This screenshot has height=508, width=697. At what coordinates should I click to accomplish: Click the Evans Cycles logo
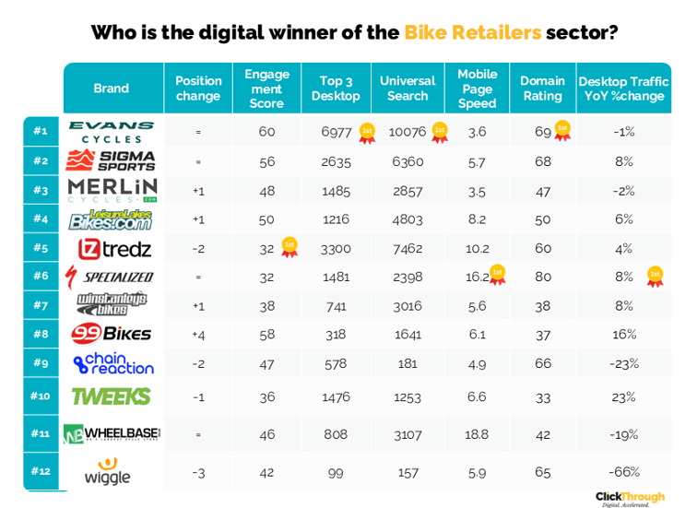click(x=112, y=132)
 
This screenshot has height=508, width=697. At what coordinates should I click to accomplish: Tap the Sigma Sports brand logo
click(x=112, y=160)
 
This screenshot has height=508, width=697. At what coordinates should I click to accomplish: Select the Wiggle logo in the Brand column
click(x=108, y=472)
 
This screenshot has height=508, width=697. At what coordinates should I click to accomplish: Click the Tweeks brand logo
click(x=112, y=396)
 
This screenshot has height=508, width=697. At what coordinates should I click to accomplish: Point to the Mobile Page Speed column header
click(x=477, y=89)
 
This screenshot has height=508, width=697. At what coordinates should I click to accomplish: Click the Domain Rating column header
click(x=541, y=89)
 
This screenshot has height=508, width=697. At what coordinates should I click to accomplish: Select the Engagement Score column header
click(x=266, y=89)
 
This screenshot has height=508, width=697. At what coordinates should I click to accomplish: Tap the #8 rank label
click(x=40, y=334)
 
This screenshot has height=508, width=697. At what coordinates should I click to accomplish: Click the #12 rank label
click(x=40, y=471)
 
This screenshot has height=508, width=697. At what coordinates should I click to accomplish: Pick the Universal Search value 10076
click(x=408, y=132)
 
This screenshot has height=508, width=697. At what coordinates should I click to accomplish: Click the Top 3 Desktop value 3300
click(x=336, y=248)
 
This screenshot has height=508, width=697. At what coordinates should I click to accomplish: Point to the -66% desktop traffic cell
click(x=624, y=471)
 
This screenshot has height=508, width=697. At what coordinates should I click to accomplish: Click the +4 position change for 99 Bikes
click(x=198, y=334)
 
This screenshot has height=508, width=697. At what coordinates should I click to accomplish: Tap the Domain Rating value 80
click(x=542, y=276)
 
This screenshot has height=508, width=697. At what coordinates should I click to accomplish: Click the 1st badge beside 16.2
click(x=498, y=274)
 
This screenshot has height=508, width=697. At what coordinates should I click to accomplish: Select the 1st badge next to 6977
click(x=367, y=132)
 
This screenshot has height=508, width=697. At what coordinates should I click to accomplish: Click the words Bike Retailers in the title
click(x=472, y=33)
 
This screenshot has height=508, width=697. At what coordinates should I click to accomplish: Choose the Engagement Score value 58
click(x=266, y=334)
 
